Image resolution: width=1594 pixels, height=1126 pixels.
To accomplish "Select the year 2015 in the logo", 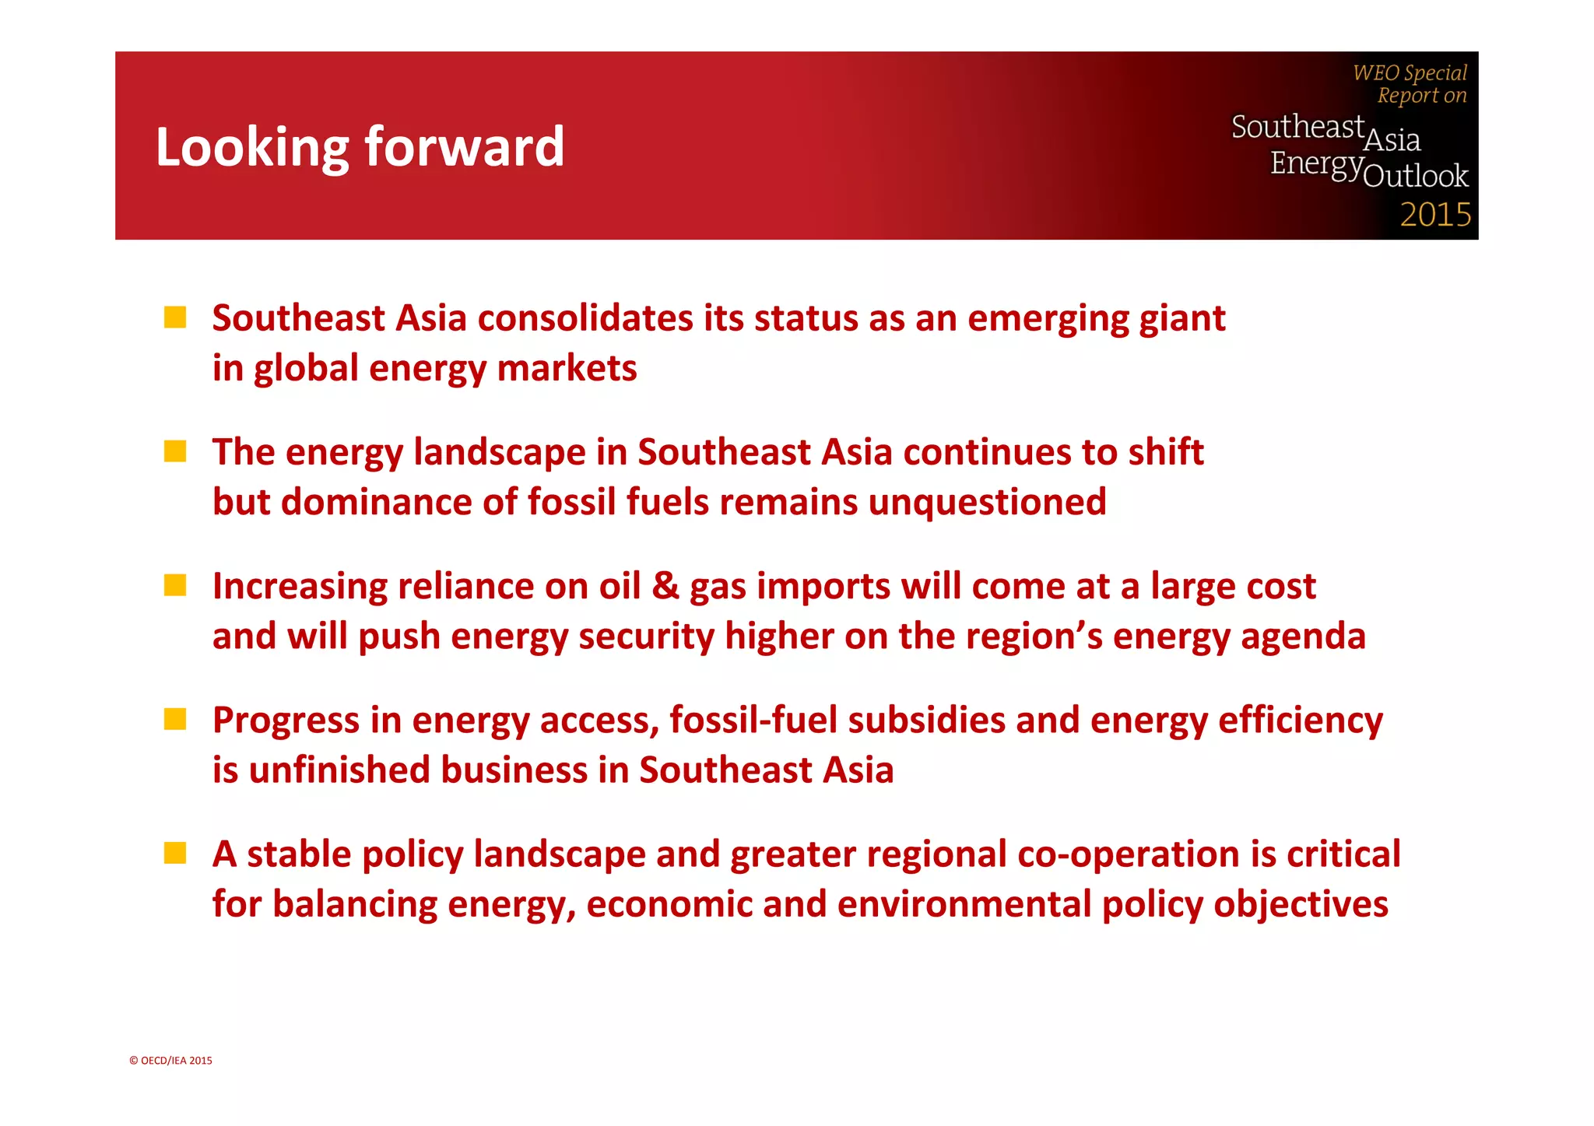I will point(1435,214).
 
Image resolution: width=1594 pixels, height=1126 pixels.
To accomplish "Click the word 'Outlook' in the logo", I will point(1416,176).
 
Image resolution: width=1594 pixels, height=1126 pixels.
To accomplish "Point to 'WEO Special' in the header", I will point(1410,72).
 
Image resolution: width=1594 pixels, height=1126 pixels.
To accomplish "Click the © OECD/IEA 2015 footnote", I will point(170,1060).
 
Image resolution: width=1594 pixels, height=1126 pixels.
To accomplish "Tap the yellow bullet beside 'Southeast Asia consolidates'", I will point(175,317).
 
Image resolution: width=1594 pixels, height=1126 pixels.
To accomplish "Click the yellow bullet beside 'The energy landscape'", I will point(175,451).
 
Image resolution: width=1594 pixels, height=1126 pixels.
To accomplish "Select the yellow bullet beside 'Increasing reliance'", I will point(175,585).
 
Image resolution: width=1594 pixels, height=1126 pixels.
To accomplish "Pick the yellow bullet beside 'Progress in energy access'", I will point(175,719).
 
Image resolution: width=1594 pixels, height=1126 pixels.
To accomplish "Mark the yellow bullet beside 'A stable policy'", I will point(175,853).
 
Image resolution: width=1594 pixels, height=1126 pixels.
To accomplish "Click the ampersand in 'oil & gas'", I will point(665,586).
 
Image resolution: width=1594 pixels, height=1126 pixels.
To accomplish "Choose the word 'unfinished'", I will point(339,770).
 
